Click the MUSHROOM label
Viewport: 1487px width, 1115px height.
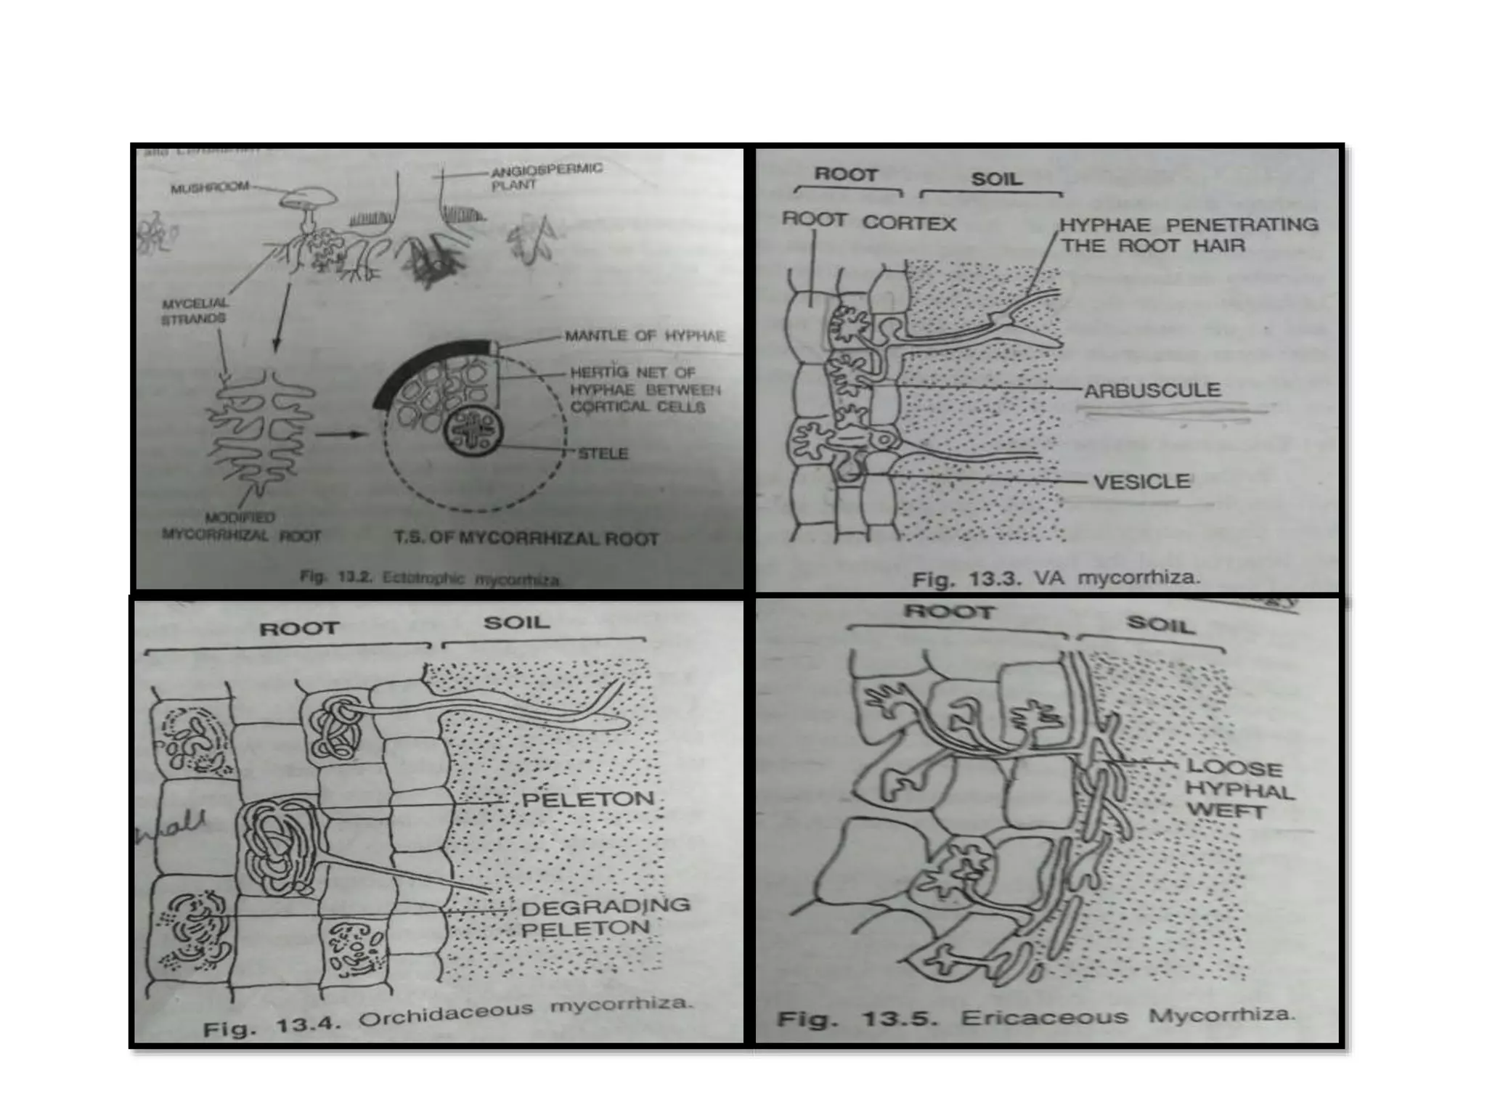pyautogui.click(x=209, y=188)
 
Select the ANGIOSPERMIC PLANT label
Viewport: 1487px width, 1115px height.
pyautogui.click(x=546, y=176)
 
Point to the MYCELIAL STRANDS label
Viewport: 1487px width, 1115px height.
pyautogui.click(x=193, y=311)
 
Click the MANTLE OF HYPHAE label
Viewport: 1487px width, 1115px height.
pyautogui.click(x=645, y=336)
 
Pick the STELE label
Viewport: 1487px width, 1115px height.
pyautogui.click(x=603, y=454)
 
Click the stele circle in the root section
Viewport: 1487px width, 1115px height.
pyautogui.click(x=473, y=434)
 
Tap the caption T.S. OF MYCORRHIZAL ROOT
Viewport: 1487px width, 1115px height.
pyautogui.click(x=526, y=539)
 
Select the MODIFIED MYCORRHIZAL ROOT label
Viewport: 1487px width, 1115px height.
pyautogui.click(x=240, y=527)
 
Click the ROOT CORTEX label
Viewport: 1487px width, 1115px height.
pyautogui.click(x=868, y=221)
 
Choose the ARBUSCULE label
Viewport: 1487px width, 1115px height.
pyautogui.click(x=1152, y=391)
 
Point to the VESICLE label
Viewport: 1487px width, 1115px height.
pyautogui.click(x=1141, y=481)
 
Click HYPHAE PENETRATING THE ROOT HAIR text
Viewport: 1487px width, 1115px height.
pyautogui.click(x=1189, y=235)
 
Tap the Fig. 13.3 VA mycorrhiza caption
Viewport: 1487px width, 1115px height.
pyautogui.click(x=1056, y=579)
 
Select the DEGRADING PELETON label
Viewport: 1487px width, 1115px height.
pyautogui.click(x=605, y=917)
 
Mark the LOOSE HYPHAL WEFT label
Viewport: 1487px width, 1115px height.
pyautogui.click(x=1239, y=789)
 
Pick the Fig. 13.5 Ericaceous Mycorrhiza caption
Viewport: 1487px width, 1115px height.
pyautogui.click(x=1036, y=1018)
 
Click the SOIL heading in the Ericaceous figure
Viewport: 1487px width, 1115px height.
pyautogui.click(x=1160, y=624)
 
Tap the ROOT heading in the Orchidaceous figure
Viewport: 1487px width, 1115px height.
pyautogui.click(x=299, y=628)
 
